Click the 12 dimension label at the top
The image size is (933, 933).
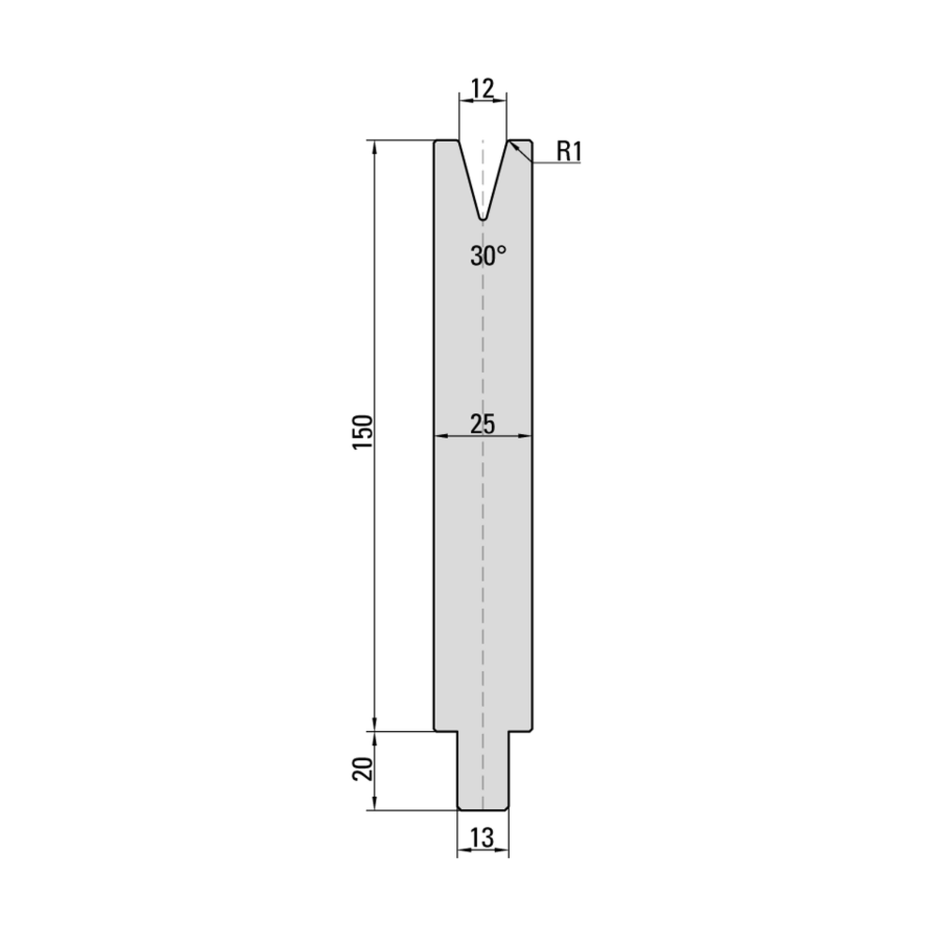(482, 89)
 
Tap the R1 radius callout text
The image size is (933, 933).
(569, 152)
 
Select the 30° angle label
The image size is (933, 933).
(488, 255)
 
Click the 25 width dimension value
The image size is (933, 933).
(483, 424)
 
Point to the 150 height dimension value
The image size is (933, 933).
(362, 432)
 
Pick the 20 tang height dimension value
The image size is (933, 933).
(362, 769)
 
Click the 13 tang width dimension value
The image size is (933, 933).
(482, 838)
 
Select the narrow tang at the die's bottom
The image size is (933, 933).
(482, 770)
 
